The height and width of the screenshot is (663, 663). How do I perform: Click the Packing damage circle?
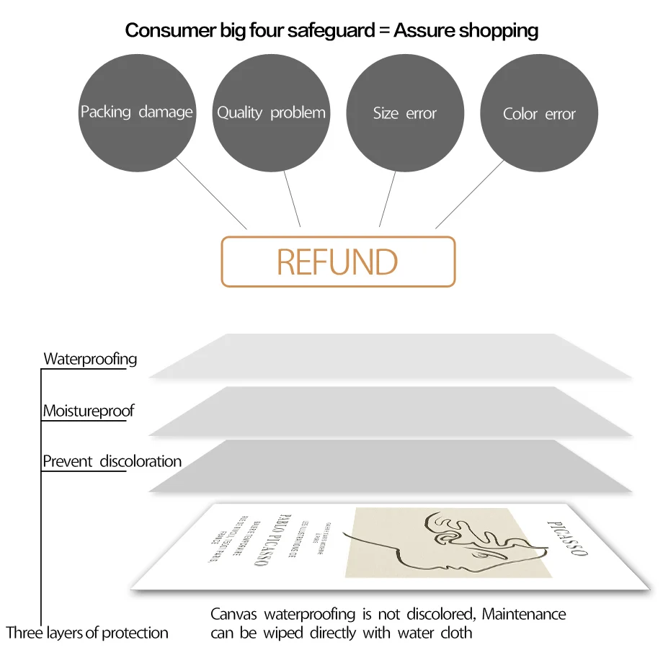[x=137, y=112]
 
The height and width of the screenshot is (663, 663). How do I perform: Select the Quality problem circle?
[x=271, y=112]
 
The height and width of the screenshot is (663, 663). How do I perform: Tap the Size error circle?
[x=405, y=112]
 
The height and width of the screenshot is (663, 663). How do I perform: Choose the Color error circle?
[x=539, y=113]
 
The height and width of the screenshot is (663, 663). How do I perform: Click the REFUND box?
[x=338, y=262]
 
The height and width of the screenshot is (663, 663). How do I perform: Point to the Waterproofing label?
[x=90, y=359]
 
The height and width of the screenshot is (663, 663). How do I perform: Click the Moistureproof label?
[x=89, y=411]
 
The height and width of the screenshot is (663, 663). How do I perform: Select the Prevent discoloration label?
[x=112, y=461]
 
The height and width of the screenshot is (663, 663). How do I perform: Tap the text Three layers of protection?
[x=87, y=633]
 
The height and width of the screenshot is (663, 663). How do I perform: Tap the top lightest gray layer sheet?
[x=389, y=355]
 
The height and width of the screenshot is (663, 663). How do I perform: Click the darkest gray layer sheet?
[x=389, y=466]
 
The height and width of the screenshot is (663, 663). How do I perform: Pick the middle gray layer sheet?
[x=389, y=411]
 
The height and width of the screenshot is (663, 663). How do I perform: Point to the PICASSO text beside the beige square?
[x=567, y=538]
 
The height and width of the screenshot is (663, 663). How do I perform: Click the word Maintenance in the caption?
[x=524, y=614]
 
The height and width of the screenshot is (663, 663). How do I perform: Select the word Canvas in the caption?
[x=235, y=614]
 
